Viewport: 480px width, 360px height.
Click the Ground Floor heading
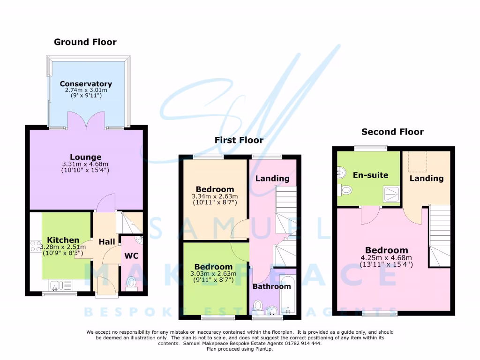point(85,42)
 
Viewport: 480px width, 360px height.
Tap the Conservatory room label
point(86,84)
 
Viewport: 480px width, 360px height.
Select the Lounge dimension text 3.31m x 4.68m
point(86,165)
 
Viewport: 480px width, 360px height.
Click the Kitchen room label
point(63,240)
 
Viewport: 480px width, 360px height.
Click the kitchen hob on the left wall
point(35,246)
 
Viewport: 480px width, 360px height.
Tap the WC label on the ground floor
point(131,256)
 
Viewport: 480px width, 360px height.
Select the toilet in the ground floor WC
point(131,283)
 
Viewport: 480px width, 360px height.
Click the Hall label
point(107,241)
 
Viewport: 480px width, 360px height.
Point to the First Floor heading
point(239,140)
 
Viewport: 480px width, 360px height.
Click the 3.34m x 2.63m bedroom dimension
point(215,196)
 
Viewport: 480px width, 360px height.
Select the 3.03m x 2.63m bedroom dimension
point(213,273)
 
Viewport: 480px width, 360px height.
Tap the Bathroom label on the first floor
point(272,286)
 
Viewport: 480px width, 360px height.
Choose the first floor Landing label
point(272,178)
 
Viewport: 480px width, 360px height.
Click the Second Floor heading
point(392,132)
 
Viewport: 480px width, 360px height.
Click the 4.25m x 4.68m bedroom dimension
point(387,257)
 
